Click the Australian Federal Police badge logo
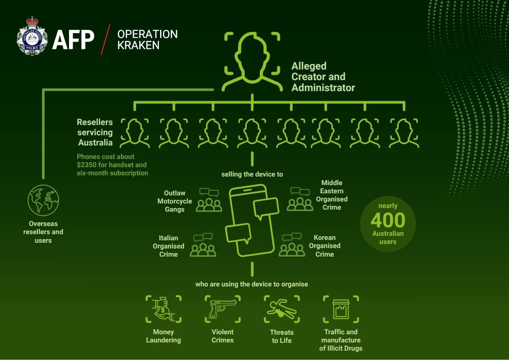[32, 36]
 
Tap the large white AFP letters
[73, 40]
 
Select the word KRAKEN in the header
[138, 45]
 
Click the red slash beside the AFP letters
[105, 40]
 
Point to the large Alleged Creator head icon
[252, 61]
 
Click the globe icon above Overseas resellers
[43, 200]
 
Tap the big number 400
[388, 220]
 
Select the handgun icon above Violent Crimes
[223, 309]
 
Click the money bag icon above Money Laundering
[163, 309]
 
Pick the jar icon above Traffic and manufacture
[341, 309]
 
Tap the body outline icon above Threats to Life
[282, 309]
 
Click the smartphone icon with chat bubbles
[252, 220]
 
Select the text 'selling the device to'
[252, 174]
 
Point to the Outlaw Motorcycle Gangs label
[174, 201]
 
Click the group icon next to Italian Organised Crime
[203, 245]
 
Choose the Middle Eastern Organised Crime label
[332, 195]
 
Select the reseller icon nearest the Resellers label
[135, 133]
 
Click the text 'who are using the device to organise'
[252, 284]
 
